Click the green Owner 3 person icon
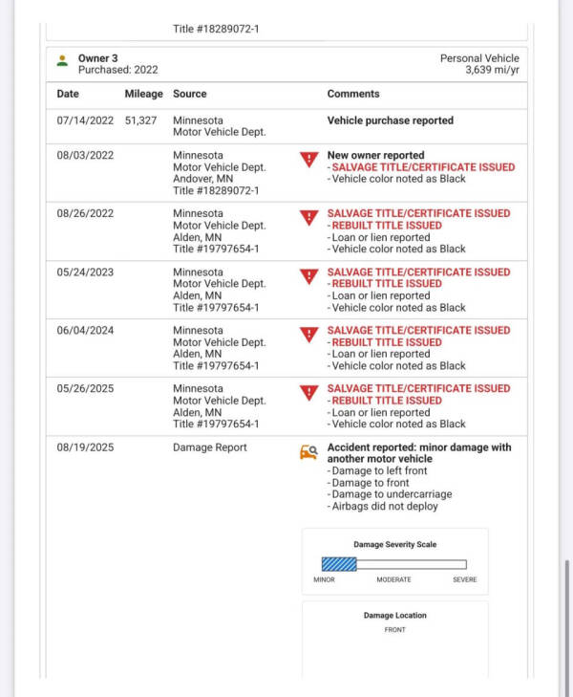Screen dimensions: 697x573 62,60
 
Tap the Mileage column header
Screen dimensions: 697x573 143,94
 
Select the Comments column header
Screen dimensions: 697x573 353,94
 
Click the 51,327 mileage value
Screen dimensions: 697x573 140,120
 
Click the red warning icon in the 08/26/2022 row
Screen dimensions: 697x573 308,218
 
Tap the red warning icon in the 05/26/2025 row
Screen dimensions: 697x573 308,393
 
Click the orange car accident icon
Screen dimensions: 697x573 308,452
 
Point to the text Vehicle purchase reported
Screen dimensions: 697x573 391,120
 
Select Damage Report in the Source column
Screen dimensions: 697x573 210,447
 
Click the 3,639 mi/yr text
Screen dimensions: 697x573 492,70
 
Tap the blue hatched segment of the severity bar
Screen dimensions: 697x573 339,564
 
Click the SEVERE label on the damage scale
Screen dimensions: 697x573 464,579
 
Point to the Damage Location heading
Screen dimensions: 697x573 394,615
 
